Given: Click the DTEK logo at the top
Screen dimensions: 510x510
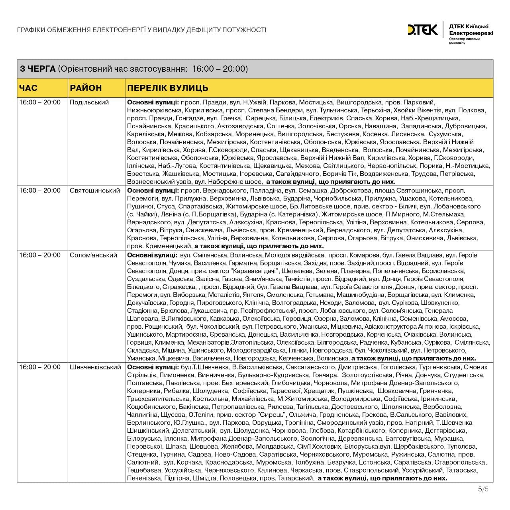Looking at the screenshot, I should pos(422,30).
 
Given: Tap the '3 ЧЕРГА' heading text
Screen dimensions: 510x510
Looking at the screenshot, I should pos(38,69).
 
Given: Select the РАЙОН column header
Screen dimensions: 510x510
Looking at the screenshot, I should pos(86,88).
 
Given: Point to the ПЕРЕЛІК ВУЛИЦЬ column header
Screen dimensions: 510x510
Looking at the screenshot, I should pos(167,88).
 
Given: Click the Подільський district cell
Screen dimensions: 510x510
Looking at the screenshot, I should pos(89,102).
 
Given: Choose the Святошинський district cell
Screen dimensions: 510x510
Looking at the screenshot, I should pos(95,190).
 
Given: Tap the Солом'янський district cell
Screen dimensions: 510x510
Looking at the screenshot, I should pos(94,255).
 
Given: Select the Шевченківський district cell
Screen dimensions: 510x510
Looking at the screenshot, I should pos(95,367).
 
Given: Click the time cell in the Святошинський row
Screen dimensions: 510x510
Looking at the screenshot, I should pos(40,190).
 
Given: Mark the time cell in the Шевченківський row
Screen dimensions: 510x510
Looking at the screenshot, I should pos(40,367).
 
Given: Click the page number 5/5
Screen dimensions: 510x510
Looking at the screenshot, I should pos(483,489).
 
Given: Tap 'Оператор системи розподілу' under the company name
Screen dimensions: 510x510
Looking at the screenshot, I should pos(464,41).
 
